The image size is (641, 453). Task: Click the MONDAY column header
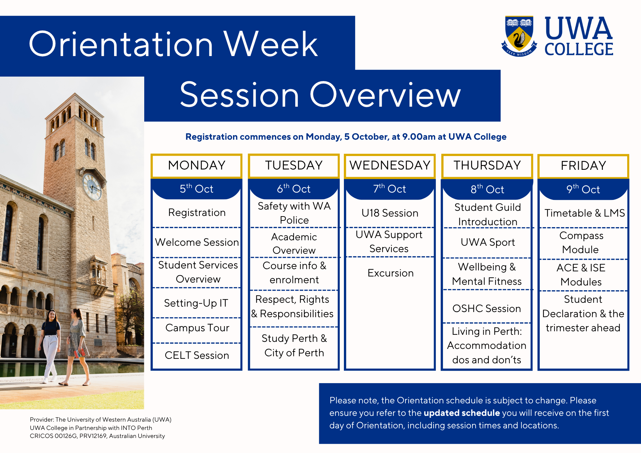196,166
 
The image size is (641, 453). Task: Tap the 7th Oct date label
390,189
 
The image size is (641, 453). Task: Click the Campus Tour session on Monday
197,328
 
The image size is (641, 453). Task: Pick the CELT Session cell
197,355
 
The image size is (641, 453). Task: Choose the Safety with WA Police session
294,213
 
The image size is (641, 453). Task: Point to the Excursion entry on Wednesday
390,273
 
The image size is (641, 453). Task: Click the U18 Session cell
390,213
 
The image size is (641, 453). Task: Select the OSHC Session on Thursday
487,308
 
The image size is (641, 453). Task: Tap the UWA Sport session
487,242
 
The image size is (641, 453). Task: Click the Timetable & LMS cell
585,213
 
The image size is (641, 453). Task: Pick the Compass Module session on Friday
581,243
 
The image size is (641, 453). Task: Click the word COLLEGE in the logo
579,49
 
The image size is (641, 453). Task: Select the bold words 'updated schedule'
462,413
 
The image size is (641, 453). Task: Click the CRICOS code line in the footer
97,436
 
